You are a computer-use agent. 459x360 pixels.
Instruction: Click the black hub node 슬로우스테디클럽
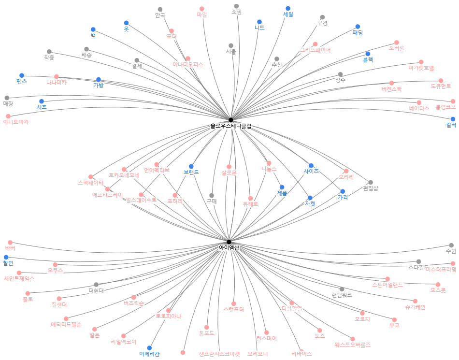pos(230,120)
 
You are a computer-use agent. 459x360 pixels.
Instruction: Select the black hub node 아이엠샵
pos(229,242)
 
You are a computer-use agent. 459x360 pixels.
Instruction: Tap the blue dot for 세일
pos(288,8)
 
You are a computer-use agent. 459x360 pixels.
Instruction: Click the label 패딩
pos(358,33)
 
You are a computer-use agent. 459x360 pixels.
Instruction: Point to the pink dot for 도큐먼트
pos(441,81)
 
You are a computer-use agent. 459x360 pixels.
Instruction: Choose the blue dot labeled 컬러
pos(453,119)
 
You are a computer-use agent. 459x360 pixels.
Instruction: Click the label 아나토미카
pos(16,122)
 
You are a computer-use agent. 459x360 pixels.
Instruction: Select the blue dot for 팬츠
pos(22,75)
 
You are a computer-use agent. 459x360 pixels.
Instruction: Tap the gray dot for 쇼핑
pos(237,6)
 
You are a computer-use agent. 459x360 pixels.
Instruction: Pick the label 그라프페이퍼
pos(315,50)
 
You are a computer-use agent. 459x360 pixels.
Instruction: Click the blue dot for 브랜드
pos(191,166)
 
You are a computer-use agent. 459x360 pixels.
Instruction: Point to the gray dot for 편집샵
pos(371,182)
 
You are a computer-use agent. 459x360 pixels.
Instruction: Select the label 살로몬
pos(229,173)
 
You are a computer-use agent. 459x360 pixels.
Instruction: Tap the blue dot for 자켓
pos(310,198)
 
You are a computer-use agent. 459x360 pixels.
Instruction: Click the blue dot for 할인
pos(6,257)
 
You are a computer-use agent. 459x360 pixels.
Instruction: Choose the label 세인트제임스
pos(19,279)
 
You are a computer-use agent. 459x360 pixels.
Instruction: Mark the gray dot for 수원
pos(451,245)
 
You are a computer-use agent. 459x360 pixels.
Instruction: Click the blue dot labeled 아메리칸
pos(149,348)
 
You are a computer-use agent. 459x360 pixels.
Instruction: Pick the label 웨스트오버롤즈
pos(353,345)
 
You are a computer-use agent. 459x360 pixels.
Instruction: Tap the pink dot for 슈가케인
pos(415,301)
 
